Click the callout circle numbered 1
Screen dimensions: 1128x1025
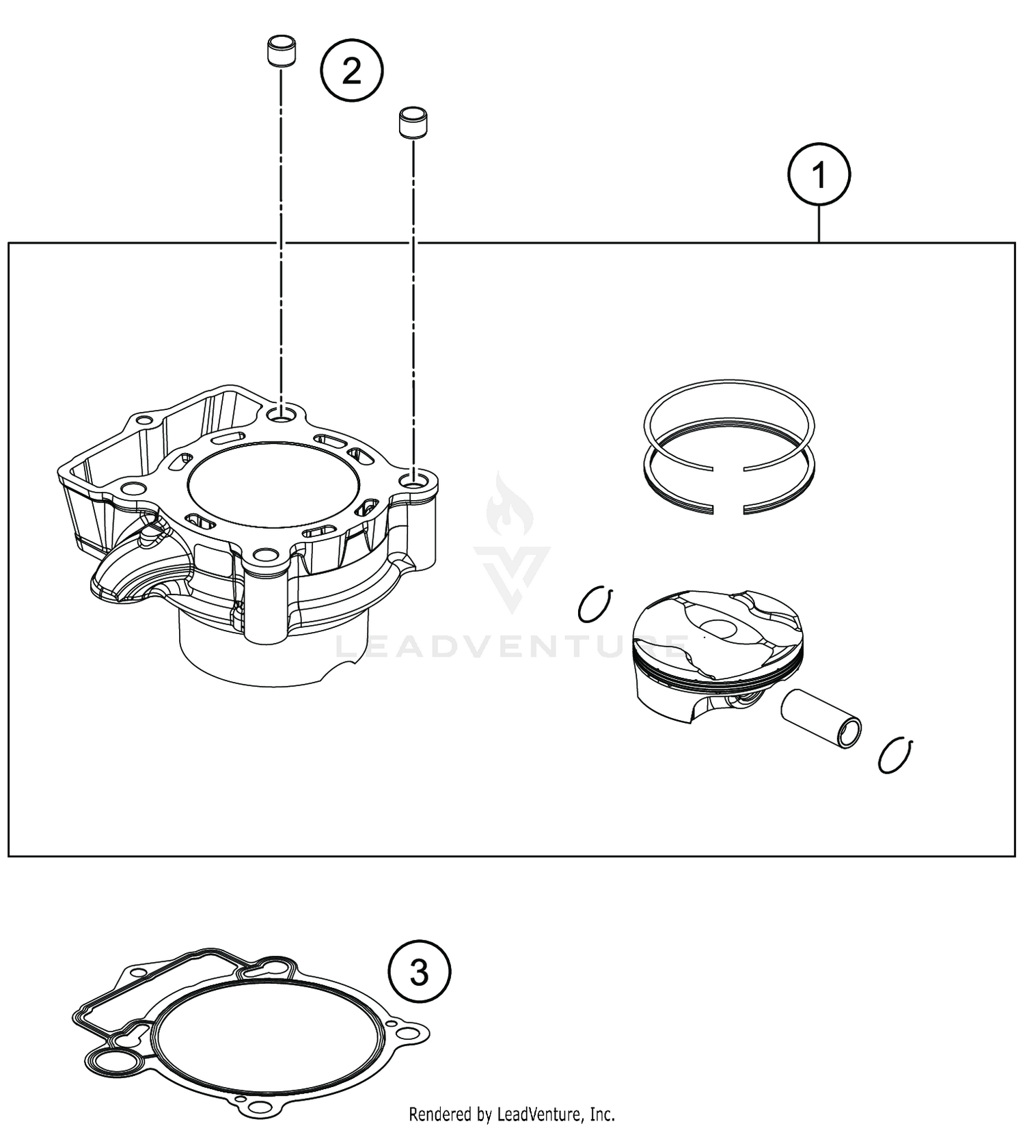click(x=819, y=176)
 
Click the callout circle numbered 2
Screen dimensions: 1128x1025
click(x=352, y=71)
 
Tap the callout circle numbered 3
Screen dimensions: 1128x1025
click(x=419, y=971)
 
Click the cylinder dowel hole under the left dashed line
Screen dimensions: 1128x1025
click(x=281, y=414)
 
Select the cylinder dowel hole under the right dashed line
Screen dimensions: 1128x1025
click(x=413, y=482)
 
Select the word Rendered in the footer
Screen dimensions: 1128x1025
click(x=438, y=1114)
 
